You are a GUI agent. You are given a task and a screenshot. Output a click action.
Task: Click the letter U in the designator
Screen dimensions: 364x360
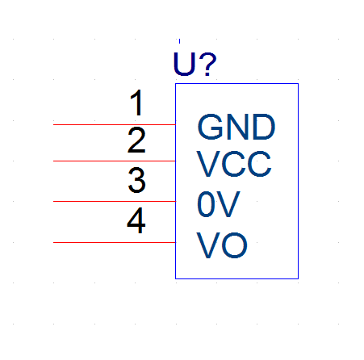click(184, 64)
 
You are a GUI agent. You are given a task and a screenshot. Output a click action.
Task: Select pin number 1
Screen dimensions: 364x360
click(137, 103)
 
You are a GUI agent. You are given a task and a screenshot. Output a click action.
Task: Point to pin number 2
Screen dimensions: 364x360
click(136, 140)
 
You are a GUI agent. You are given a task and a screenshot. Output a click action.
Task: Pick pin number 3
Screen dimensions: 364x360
click(136, 180)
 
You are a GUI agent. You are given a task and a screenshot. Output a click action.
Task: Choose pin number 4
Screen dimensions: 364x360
click(136, 220)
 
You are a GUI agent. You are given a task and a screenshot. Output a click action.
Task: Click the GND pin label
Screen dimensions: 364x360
click(236, 127)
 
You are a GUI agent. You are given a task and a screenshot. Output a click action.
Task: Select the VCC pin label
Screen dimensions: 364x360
click(234, 164)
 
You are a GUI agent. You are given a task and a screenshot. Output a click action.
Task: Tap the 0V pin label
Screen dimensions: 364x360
click(219, 204)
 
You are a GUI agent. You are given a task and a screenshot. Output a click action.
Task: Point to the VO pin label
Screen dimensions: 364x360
click(222, 245)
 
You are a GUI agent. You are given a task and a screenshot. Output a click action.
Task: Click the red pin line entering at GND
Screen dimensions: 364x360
click(115, 125)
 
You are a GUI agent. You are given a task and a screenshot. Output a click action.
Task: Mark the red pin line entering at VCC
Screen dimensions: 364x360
click(115, 161)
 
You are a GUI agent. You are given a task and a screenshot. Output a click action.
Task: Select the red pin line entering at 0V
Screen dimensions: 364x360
click(115, 201)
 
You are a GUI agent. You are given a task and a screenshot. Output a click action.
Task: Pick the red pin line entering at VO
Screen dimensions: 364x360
click(115, 242)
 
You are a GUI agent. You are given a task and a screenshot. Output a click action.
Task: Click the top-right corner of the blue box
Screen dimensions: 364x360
click(298, 84)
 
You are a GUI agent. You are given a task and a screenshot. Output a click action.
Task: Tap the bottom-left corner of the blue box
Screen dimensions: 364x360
click(176, 278)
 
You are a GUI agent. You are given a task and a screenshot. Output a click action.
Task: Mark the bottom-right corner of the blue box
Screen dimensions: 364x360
click(298, 278)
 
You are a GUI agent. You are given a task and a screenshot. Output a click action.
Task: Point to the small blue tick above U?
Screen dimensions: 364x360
click(179, 41)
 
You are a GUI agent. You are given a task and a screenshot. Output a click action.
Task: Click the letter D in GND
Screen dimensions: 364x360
click(264, 127)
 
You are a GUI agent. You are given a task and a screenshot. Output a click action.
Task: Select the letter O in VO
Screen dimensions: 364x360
click(235, 245)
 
